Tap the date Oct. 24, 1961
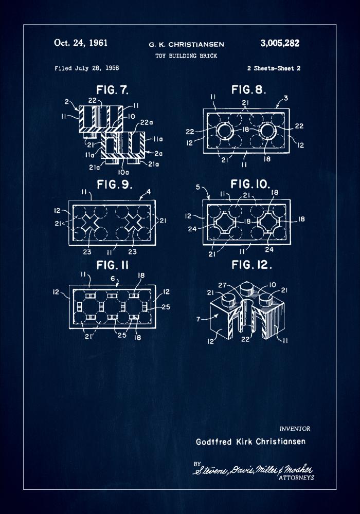[81, 43]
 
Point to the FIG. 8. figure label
[248, 90]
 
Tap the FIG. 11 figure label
[111, 265]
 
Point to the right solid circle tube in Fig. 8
[268, 132]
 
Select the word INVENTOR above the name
[295, 429]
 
